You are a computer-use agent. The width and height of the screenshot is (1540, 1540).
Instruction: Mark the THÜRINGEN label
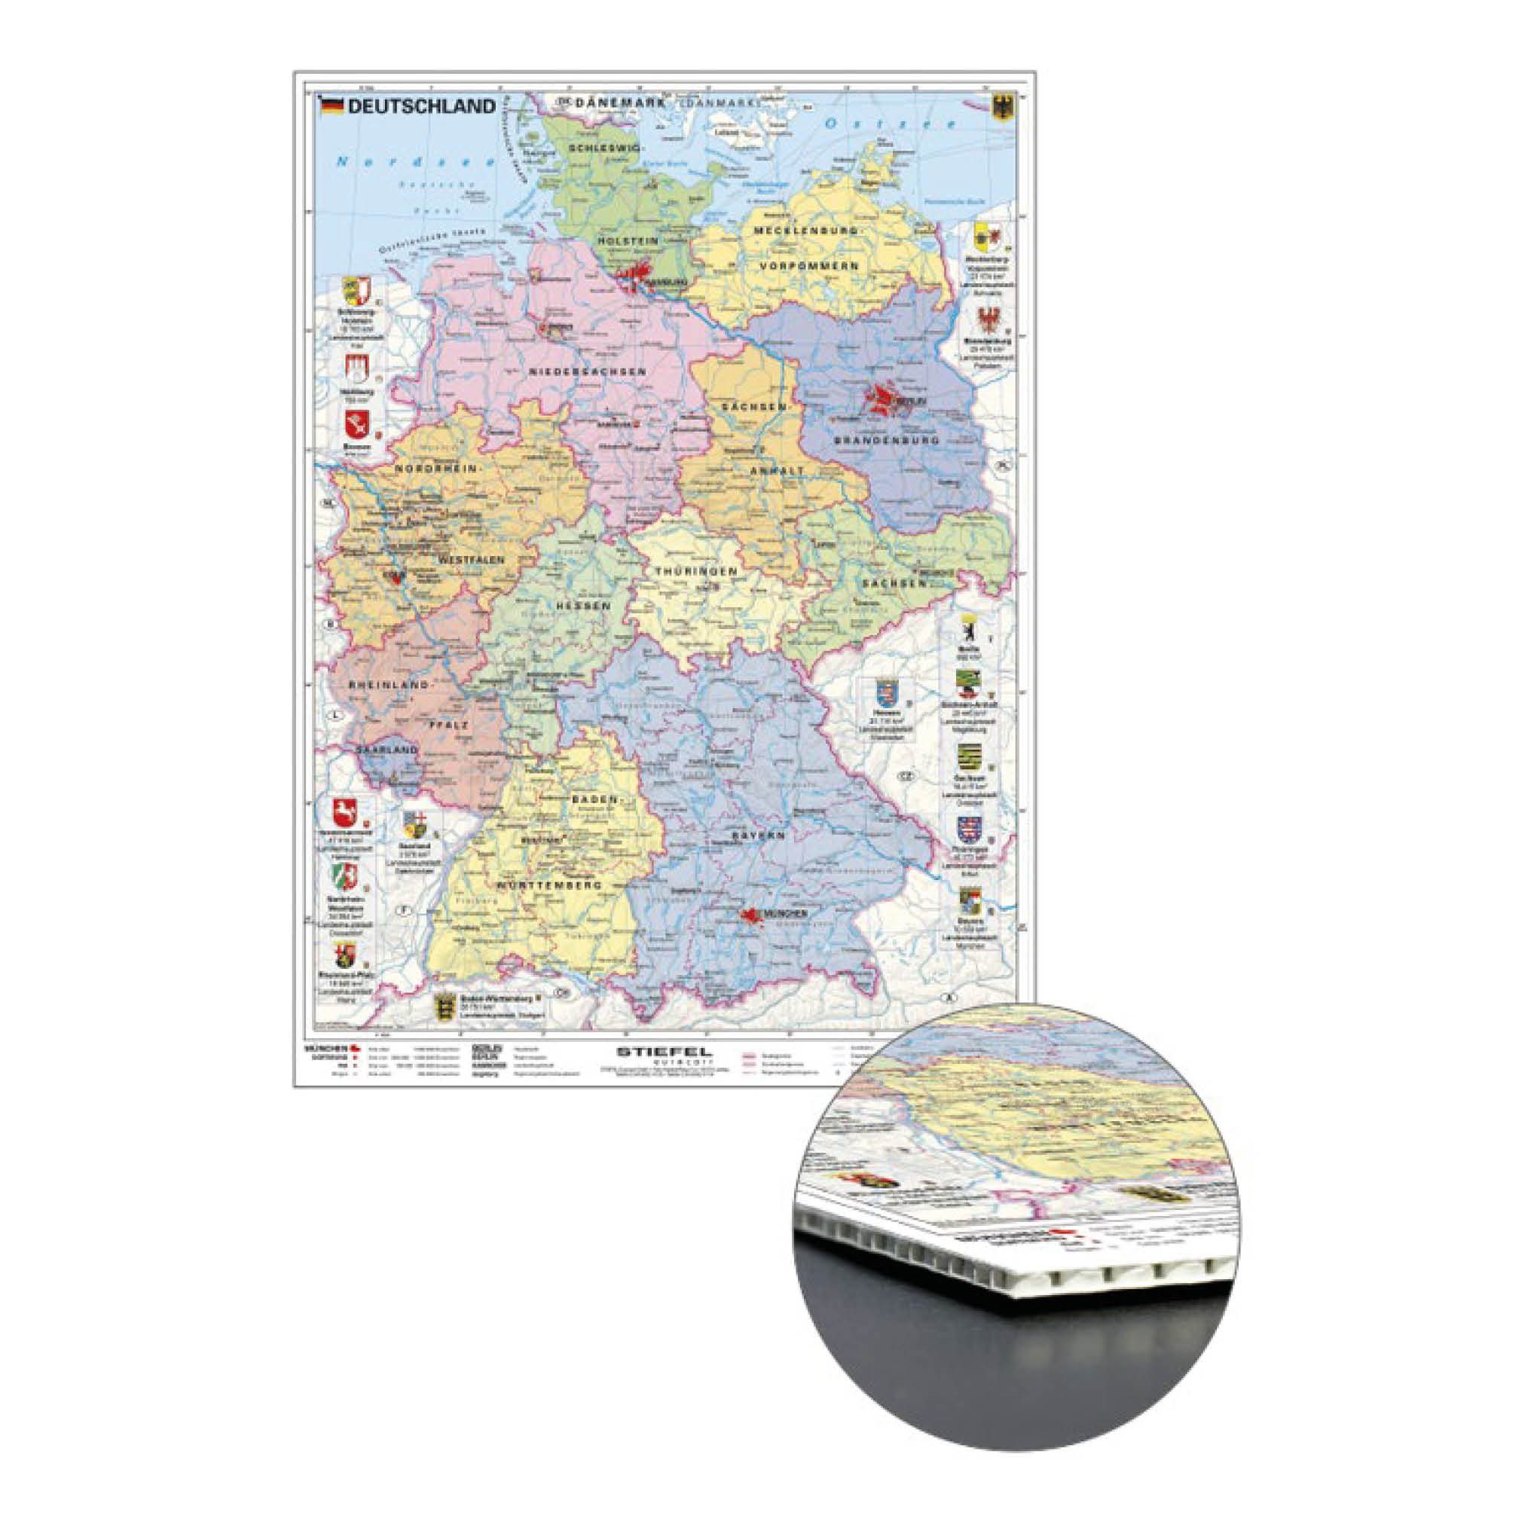click(691, 572)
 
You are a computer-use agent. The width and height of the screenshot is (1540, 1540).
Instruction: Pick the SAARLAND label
click(387, 751)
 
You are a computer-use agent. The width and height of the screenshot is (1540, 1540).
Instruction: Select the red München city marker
click(753, 918)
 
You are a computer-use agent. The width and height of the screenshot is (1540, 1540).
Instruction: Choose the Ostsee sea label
click(891, 124)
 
